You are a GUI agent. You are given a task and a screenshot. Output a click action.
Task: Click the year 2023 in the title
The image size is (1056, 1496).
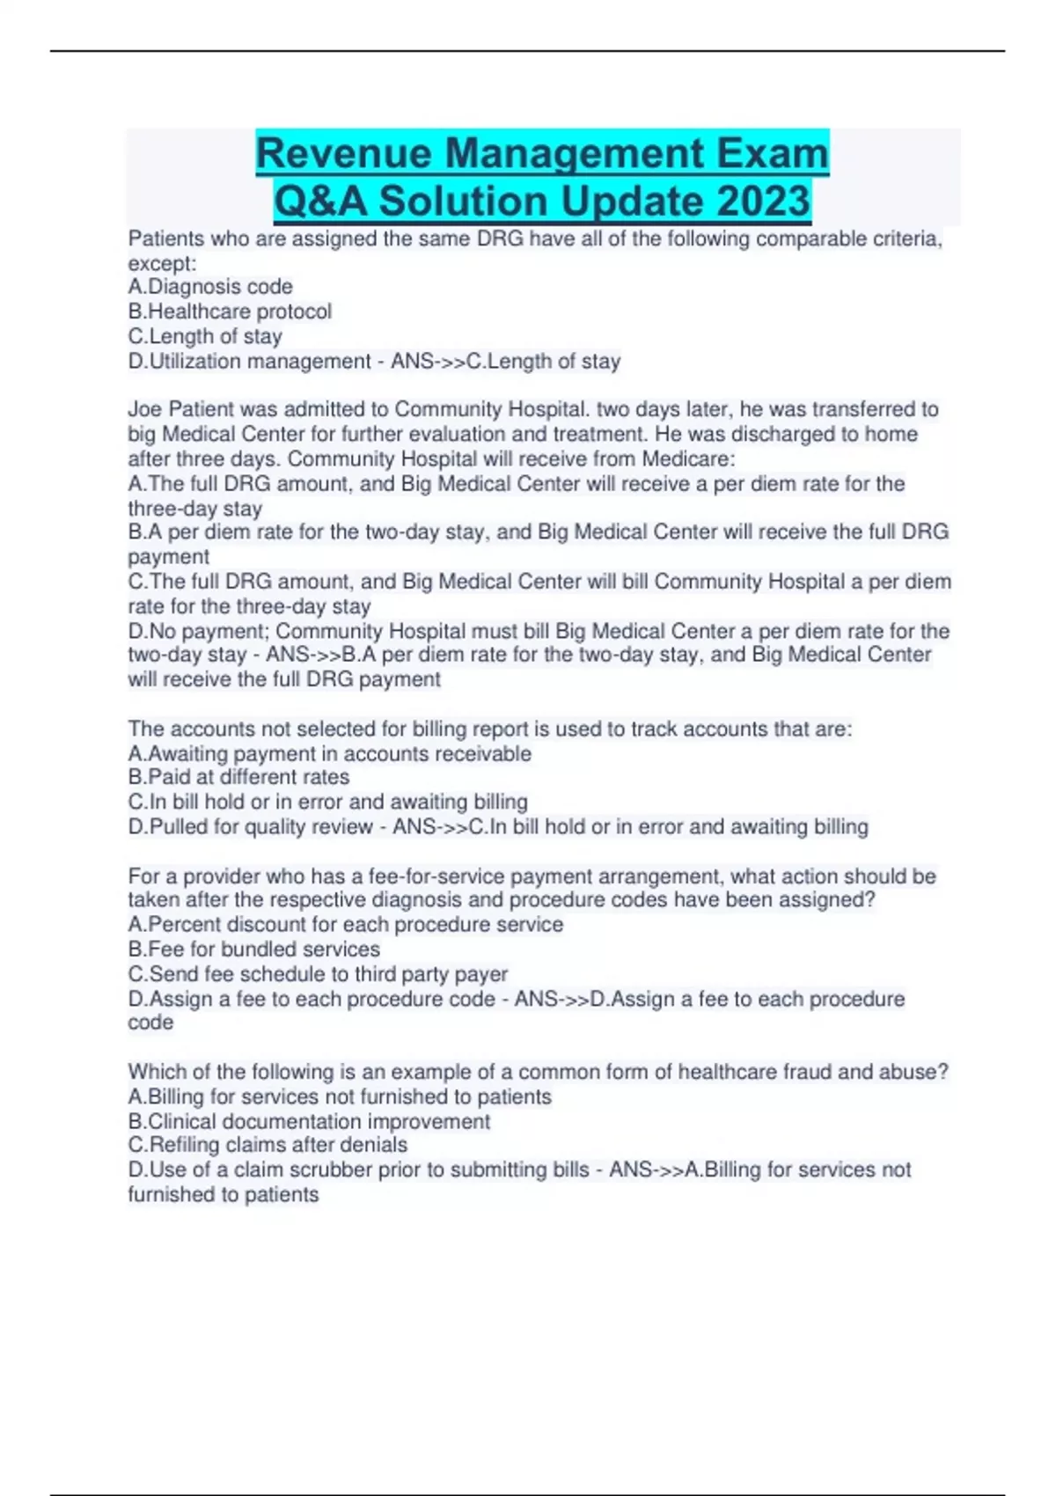pyautogui.click(x=763, y=201)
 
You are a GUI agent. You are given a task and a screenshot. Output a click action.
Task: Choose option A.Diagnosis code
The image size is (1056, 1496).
pyautogui.click(x=210, y=287)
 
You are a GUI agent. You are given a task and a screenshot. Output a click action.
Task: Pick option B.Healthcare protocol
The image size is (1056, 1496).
pyautogui.click(x=230, y=312)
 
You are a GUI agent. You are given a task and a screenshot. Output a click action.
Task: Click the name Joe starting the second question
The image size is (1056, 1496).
pyautogui.click(x=144, y=409)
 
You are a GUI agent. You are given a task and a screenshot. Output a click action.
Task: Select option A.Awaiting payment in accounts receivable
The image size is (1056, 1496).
pyautogui.click(x=330, y=754)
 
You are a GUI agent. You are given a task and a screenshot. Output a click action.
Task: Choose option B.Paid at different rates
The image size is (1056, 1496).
pyautogui.click(x=238, y=777)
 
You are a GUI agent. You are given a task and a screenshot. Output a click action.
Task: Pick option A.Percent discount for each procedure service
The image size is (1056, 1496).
pyautogui.click(x=346, y=925)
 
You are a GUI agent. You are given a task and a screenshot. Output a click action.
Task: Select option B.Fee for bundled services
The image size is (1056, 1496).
pyautogui.click(x=254, y=950)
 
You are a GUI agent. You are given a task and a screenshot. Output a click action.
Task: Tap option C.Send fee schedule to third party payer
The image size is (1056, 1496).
pyautogui.click(x=318, y=974)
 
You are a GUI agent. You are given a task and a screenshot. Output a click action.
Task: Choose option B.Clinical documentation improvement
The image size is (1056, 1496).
pyautogui.click(x=309, y=1122)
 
